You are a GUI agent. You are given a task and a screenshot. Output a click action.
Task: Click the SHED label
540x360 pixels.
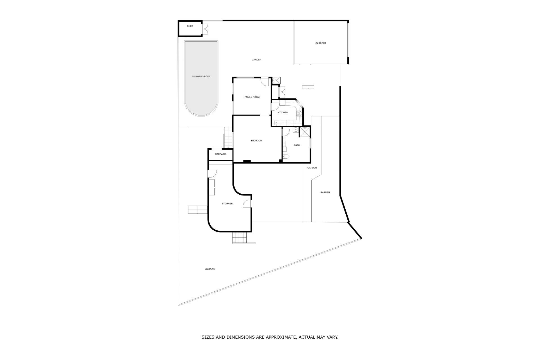pyautogui.click(x=190, y=26)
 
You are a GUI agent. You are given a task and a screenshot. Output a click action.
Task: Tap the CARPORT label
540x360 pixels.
pyautogui.click(x=321, y=43)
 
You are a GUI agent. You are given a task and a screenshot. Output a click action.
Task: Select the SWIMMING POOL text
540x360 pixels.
pyautogui.click(x=201, y=76)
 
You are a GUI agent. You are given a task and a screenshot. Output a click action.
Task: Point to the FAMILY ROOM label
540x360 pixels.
pyautogui.click(x=252, y=97)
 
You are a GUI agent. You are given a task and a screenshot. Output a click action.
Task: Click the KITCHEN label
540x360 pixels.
pyautogui.click(x=283, y=112)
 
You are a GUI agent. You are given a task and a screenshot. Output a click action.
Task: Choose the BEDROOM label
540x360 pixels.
pyautogui.click(x=256, y=141)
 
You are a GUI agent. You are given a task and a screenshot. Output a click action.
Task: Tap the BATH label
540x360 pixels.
pyautogui.click(x=297, y=145)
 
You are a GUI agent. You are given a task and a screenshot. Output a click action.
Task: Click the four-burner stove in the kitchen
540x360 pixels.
pyautogui.click(x=299, y=114)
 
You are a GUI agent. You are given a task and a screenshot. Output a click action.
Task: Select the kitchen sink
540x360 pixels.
pyautogui.click(x=277, y=123)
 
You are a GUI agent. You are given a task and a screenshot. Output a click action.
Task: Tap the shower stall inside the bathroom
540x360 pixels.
pyautogui.click(x=305, y=132)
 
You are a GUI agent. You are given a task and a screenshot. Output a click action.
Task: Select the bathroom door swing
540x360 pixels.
pyautogui.click(x=286, y=132)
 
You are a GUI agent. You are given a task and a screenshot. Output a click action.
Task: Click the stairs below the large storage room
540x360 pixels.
pyautogui.click(x=240, y=238)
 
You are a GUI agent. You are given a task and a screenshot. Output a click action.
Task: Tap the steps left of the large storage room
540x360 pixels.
pyautogui.click(x=198, y=210)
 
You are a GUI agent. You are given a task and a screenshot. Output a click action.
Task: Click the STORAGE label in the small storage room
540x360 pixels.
pyautogui.click(x=220, y=154)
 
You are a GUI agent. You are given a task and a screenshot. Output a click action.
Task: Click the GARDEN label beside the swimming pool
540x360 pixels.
pyautogui.click(x=256, y=60)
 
